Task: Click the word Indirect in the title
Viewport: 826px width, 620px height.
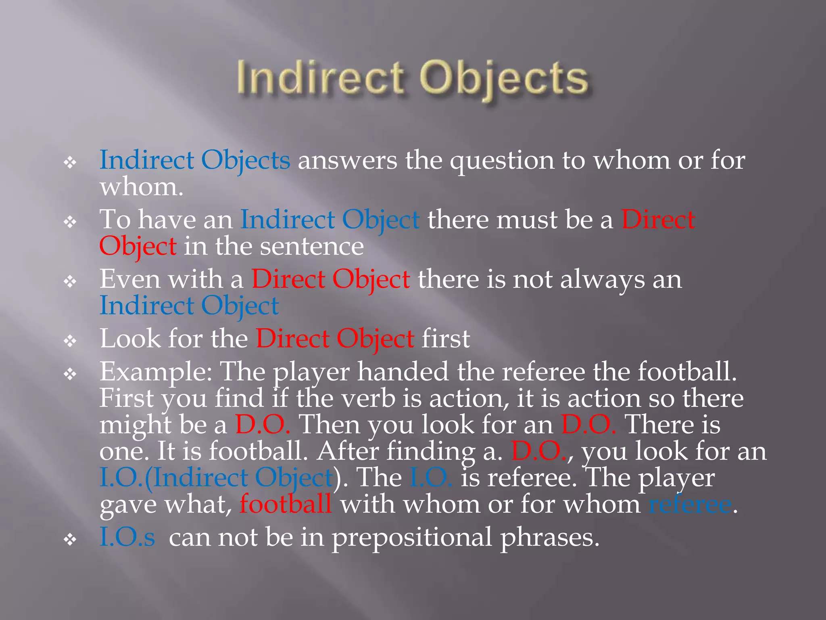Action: tap(321, 78)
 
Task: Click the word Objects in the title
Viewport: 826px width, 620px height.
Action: tap(504, 78)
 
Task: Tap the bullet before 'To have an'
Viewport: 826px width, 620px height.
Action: tap(70, 222)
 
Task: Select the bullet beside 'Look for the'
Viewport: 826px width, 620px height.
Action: tap(70, 341)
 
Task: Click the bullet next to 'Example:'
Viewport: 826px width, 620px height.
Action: tap(70, 374)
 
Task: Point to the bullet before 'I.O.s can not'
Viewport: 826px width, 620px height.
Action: tap(70, 540)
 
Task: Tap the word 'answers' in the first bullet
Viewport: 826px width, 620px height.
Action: tap(347, 161)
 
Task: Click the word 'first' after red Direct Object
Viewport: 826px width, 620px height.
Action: tap(446, 339)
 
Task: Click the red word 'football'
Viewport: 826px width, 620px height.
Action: tap(286, 505)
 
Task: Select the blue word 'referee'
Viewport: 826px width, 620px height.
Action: tap(690, 505)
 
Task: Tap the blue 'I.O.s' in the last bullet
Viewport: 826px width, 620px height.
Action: tap(127, 538)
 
